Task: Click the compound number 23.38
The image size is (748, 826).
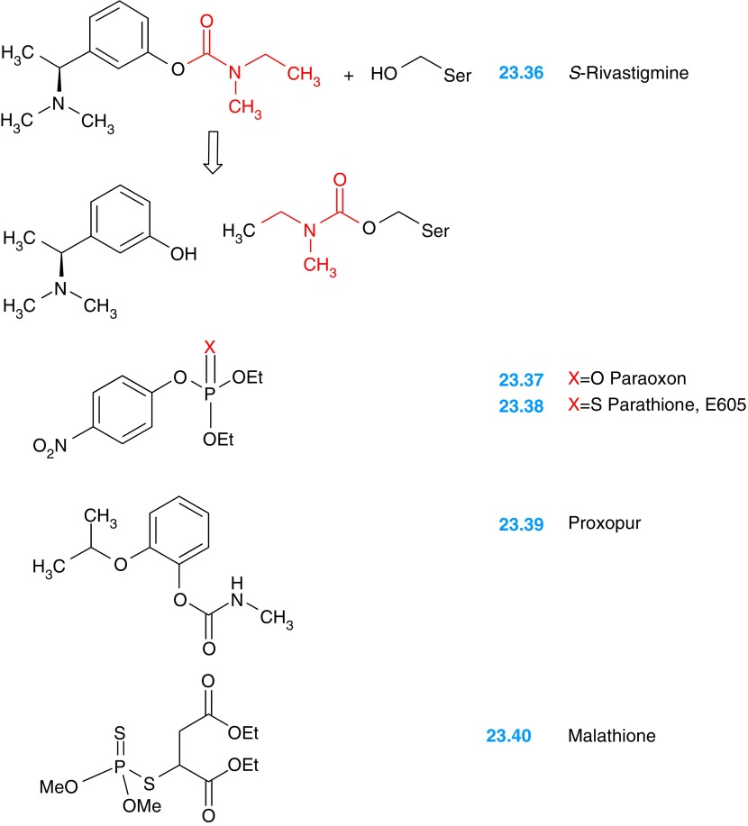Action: pyautogui.click(x=521, y=406)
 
